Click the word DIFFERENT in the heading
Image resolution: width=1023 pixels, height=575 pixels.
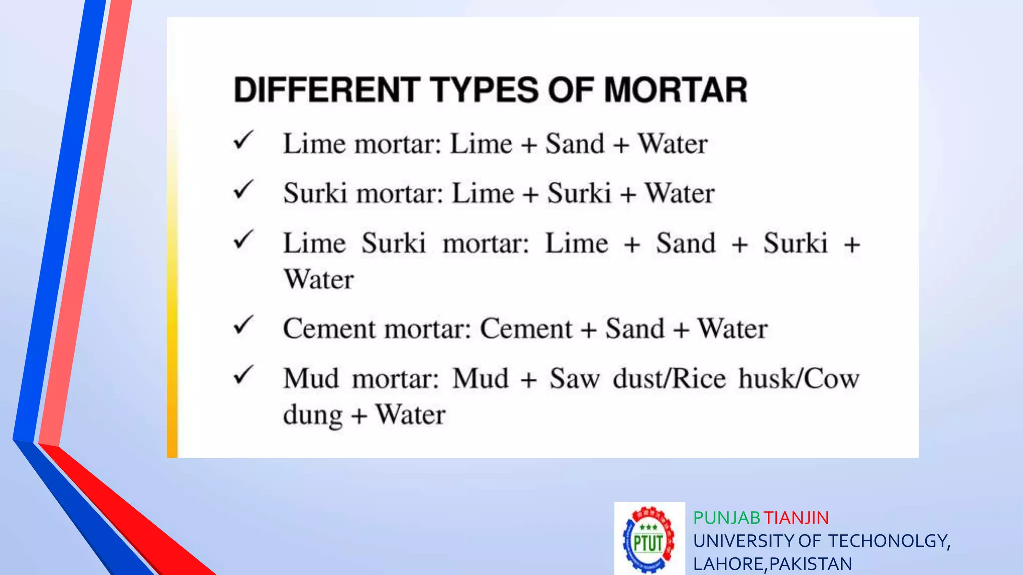pos(326,90)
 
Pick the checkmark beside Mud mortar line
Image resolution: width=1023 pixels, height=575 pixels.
pos(244,375)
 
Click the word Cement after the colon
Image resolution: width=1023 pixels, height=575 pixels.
pos(526,329)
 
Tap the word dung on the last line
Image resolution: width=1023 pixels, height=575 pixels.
pos(313,415)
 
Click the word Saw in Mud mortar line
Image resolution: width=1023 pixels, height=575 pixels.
pos(574,379)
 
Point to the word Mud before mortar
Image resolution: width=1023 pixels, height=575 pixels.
pos(311,379)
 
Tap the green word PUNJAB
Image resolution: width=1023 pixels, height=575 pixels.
pos(726,518)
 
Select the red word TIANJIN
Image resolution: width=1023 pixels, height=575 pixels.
pos(796,518)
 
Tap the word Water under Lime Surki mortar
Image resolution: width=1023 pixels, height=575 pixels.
pos(319,279)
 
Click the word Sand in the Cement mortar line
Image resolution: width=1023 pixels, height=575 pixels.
pos(635,329)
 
